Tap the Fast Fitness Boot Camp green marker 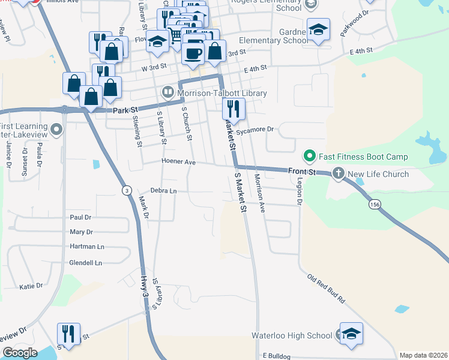310,157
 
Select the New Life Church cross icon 338,174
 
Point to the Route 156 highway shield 375,205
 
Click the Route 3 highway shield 126,190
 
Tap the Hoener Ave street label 178,162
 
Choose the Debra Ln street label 163,191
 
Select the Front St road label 302,172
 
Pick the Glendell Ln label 86,263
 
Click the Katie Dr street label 31,287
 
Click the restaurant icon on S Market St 232,109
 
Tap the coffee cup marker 193,52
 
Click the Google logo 19,353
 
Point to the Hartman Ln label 86,247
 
